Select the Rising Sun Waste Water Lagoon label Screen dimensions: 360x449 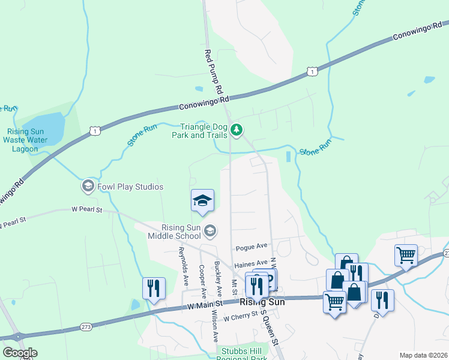25,140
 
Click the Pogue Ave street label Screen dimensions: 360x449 251,247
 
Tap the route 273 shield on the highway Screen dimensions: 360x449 86,327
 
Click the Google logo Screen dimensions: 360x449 20,353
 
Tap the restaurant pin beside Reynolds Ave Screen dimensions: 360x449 154,288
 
